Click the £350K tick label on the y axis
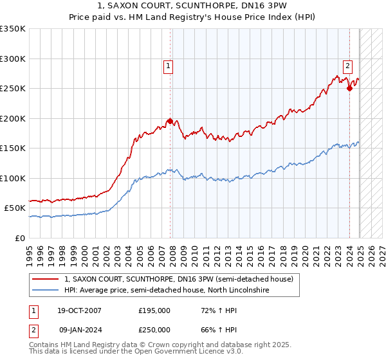pyautogui.click(x=13, y=29)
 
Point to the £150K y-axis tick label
pyautogui.click(x=13, y=148)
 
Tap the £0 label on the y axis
pyautogui.click(x=21, y=238)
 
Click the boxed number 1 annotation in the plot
pyautogui.click(x=168, y=65)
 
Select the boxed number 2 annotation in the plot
pyautogui.click(x=347, y=65)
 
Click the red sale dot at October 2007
pyautogui.click(x=170, y=121)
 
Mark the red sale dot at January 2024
pyautogui.click(x=349, y=88)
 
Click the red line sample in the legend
pyautogui.click(x=45, y=279)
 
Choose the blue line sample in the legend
pyautogui.click(x=45, y=291)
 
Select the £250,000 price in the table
pyautogui.click(x=154, y=329)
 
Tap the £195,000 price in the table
pyautogui.click(x=154, y=310)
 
